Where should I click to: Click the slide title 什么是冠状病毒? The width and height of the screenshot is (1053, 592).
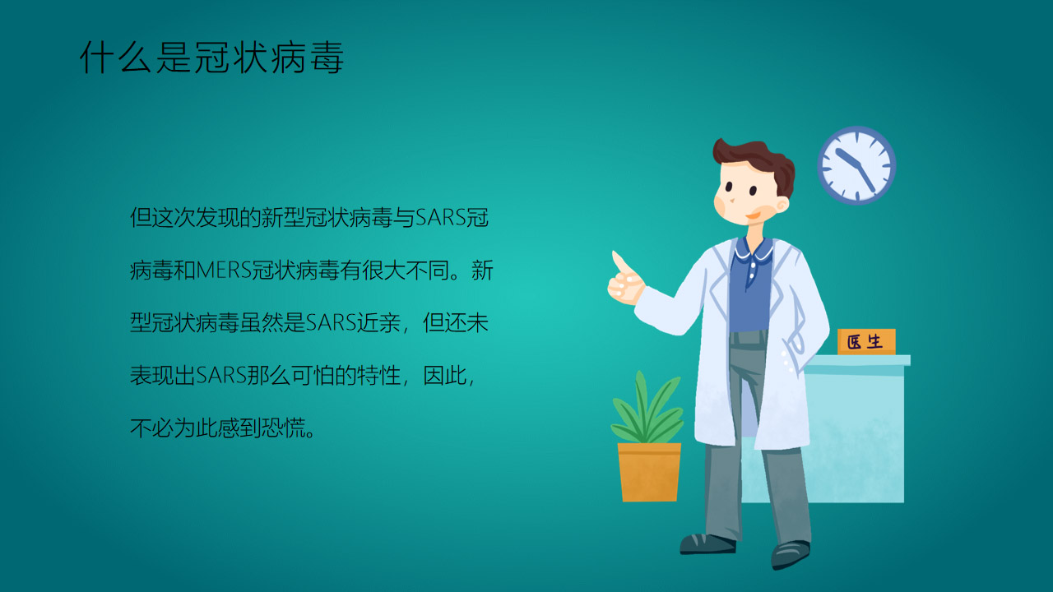[x=212, y=58]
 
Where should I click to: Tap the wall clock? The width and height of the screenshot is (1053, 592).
[x=856, y=165]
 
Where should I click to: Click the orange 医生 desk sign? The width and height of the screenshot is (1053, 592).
[x=866, y=341]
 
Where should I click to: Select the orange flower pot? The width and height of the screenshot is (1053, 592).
[x=649, y=472]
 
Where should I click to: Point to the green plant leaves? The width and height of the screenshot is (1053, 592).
[x=647, y=408]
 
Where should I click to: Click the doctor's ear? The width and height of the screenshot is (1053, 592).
[x=781, y=205]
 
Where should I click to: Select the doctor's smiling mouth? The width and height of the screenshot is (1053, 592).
[x=752, y=215]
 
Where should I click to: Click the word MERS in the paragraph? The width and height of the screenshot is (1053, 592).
[x=224, y=271]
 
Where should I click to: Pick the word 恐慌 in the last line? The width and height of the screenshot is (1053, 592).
[x=283, y=428]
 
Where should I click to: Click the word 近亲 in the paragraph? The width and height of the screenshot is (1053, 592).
[x=378, y=323]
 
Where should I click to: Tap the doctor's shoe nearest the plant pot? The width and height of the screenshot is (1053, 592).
[x=707, y=544]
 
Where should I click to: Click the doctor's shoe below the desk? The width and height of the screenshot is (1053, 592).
[x=791, y=554]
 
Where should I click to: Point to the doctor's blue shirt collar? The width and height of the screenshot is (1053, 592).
[x=754, y=249]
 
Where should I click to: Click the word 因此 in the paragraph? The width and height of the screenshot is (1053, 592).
[x=445, y=376]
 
